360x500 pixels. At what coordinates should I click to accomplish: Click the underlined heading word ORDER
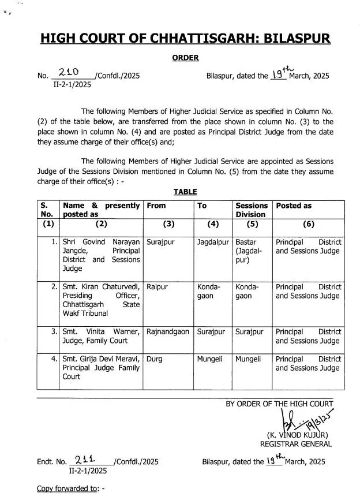click(185, 57)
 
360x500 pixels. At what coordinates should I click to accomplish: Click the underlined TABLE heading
click(185, 192)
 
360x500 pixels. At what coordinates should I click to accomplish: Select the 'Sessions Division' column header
click(252, 210)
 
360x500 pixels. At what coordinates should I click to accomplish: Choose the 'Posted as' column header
click(294, 206)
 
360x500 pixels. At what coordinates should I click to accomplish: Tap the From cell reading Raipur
click(157, 286)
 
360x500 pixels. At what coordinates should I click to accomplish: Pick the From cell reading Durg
click(155, 359)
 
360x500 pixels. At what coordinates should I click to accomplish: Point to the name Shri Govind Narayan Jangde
click(101, 247)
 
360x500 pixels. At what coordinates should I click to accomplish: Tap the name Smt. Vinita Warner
click(101, 331)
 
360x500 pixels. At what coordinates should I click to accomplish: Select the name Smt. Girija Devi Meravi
click(101, 359)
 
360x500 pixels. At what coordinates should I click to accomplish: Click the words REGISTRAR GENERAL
click(296, 444)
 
